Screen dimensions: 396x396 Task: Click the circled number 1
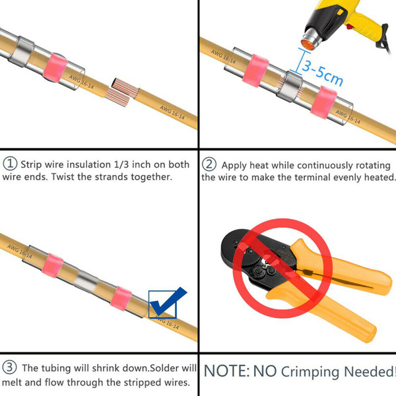tap(10, 164)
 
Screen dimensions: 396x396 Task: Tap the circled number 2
tap(209, 164)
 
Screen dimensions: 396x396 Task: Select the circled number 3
tap(9, 367)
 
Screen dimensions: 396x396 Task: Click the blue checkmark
tap(167, 301)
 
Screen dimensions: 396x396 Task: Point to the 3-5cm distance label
tap(322, 72)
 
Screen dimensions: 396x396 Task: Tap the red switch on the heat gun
tap(350, 26)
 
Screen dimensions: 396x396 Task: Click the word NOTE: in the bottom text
tap(226, 371)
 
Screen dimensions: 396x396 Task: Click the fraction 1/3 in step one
tap(122, 164)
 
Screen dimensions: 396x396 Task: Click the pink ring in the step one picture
tap(55, 67)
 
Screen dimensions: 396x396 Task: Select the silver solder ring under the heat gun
tap(290, 86)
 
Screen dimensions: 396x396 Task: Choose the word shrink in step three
tap(106, 368)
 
